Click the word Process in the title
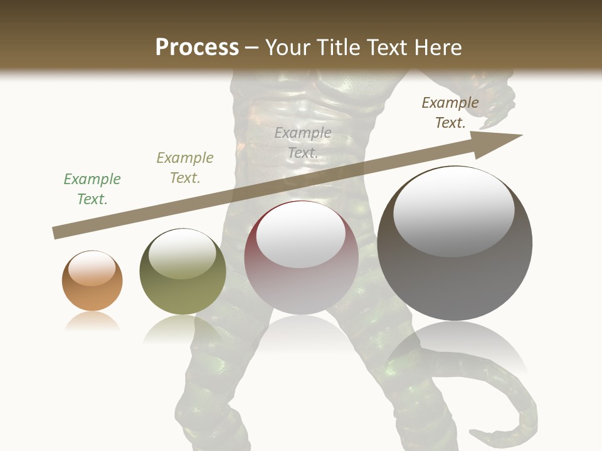197,48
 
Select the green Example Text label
92,189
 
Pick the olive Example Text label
185,168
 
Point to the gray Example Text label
303,143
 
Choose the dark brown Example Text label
450,113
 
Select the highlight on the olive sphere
182,253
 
